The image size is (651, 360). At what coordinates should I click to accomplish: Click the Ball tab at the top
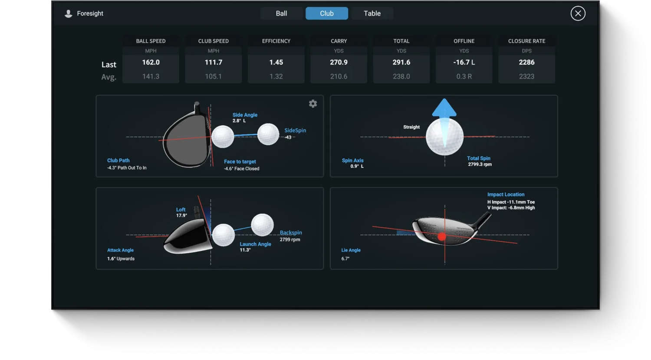tap(281, 13)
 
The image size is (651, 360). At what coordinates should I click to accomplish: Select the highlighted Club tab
tap(327, 13)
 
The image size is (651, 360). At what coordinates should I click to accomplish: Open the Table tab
tap(372, 13)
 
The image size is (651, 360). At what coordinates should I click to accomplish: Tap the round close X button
tap(578, 13)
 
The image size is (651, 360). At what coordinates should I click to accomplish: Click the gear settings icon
tap(313, 104)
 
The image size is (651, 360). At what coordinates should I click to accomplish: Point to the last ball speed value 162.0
tap(151, 62)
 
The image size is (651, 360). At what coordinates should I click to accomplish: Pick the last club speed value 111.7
tap(214, 62)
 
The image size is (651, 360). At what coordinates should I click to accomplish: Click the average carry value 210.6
tap(339, 76)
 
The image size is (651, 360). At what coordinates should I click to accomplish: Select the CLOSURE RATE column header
tap(526, 41)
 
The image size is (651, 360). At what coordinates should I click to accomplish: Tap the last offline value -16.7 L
tap(464, 62)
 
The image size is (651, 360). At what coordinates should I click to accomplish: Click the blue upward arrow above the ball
tap(444, 108)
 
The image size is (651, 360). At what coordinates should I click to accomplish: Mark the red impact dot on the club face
tap(442, 236)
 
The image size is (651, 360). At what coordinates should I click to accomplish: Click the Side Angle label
tap(245, 115)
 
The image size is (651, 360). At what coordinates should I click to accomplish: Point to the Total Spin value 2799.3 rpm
tap(480, 165)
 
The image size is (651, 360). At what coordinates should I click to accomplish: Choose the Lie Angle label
tap(351, 250)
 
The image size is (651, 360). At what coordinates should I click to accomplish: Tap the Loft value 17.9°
tap(181, 216)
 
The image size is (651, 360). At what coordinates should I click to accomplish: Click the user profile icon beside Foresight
tap(68, 14)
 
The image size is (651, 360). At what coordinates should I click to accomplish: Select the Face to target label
tap(240, 162)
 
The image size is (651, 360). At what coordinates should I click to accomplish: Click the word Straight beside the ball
tap(411, 127)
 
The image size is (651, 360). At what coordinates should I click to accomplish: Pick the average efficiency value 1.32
tap(276, 76)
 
